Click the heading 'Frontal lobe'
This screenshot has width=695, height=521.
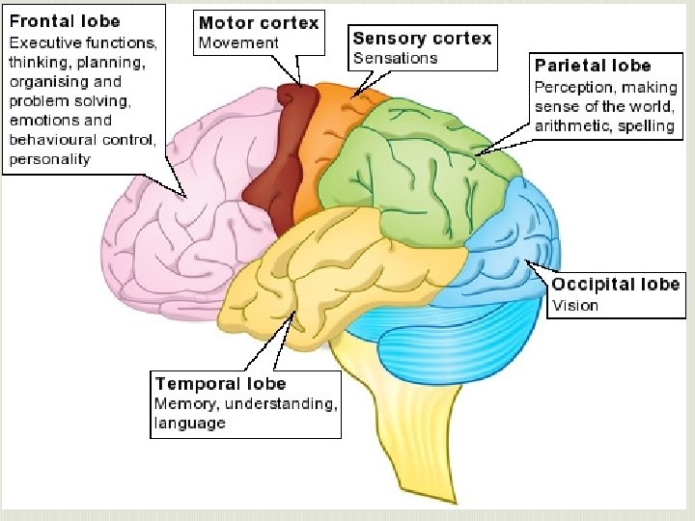coord(65,21)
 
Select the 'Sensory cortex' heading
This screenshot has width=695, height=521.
coord(422,39)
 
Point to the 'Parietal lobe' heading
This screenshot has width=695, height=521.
coord(593,66)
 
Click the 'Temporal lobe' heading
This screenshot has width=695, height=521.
coord(220,384)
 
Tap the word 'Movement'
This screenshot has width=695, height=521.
coord(237,42)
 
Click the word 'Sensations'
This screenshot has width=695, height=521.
coord(395,58)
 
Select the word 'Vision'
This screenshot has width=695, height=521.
coord(575,305)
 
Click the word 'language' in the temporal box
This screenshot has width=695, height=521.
coord(190,423)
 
